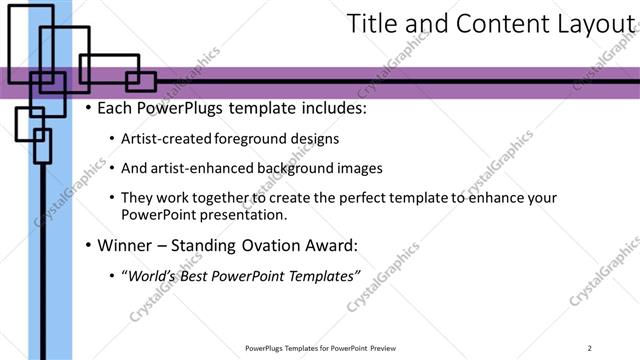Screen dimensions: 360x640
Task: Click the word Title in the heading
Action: tap(373, 24)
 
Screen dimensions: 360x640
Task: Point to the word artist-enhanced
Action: tap(197, 169)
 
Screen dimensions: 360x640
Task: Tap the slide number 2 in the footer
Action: tap(590, 348)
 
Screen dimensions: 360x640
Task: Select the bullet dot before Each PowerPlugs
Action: tap(89, 108)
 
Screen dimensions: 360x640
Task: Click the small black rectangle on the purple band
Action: tap(140, 81)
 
